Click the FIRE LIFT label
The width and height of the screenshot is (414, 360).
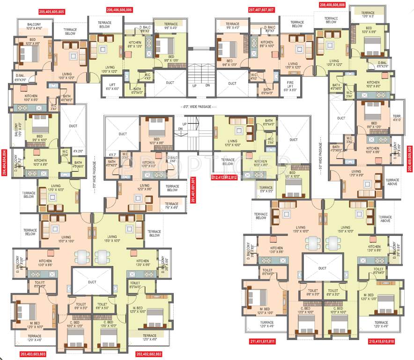[290, 85]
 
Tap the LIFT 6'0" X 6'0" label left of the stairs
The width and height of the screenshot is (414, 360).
[111, 85]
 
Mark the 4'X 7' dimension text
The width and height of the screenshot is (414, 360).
[112, 154]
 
